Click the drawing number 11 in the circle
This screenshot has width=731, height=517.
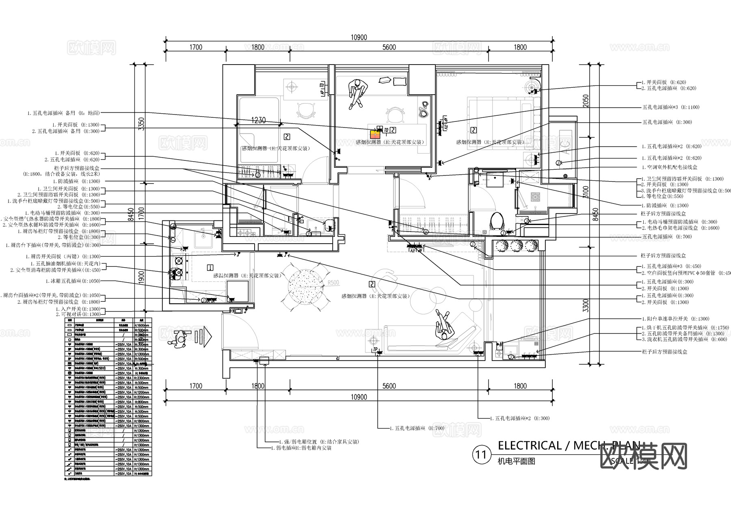(x=481, y=454)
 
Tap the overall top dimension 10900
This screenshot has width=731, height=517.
(x=359, y=37)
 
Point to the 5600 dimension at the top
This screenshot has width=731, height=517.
(x=389, y=47)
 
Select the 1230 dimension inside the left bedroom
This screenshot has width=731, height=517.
(x=258, y=120)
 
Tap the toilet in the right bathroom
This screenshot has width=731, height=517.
(x=497, y=221)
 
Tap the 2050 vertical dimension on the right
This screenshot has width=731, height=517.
(x=585, y=100)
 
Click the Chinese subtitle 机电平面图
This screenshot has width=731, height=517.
(x=516, y=461)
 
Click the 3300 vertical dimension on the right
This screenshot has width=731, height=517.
(x=585, y=305)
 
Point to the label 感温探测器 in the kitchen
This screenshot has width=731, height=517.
(x=226, y=275)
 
